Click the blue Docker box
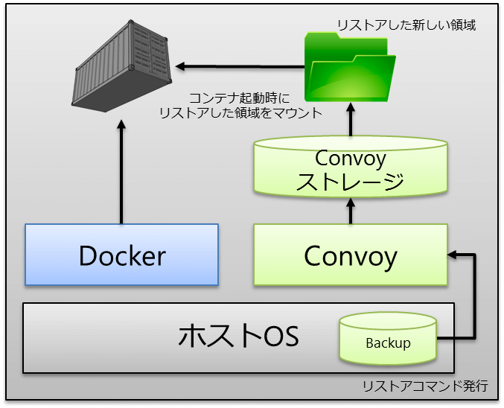(122, 255)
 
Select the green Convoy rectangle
(351, 255)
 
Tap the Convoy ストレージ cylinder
(351, 166)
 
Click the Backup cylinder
(388, 338)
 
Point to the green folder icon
(350, 67)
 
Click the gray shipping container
(121, 66)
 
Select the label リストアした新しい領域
(406, 25)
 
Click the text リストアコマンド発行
(425, 386)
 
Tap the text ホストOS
(238, 336)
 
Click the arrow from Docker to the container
(121, 172)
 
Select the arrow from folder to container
(240, 66)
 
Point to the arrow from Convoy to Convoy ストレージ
(351, 211)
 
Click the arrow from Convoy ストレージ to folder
(351, 120)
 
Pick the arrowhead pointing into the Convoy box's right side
(452, 255)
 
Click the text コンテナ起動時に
(240, 98)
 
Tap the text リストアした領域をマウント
(241, 113)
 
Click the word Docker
(122, 255)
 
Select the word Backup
(388, 343)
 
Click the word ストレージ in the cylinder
(350, 181)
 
